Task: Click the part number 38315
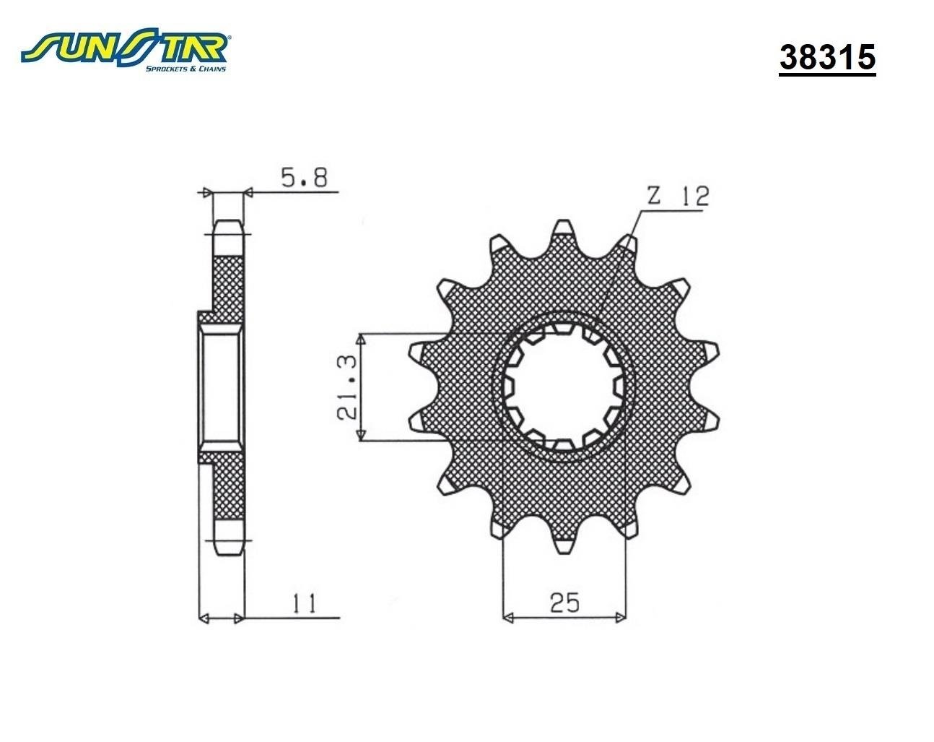(827, 58)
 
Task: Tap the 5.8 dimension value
(305, 178)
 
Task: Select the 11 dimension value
(305, 604)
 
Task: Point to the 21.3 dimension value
(347, 387)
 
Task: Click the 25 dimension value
(564, 603)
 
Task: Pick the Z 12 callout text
(678, 197)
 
